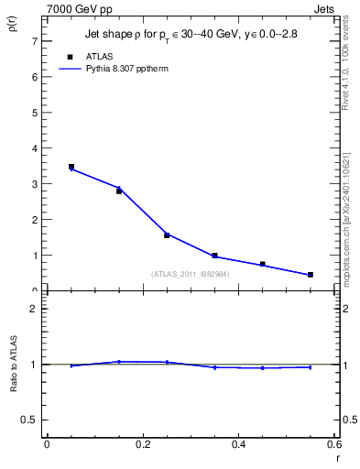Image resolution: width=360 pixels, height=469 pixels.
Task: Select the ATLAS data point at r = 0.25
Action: click(167, 235)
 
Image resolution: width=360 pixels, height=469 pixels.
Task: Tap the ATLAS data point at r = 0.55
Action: click(311, 275)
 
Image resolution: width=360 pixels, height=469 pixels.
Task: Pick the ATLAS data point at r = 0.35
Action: click(214, 256)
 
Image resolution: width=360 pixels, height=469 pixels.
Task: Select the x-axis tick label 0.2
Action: click(142, 444)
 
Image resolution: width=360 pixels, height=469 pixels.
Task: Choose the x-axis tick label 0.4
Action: click(238, 444)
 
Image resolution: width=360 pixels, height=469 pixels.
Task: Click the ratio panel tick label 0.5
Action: click(29, 420)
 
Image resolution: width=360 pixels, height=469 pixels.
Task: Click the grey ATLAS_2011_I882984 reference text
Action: click(191, 274)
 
